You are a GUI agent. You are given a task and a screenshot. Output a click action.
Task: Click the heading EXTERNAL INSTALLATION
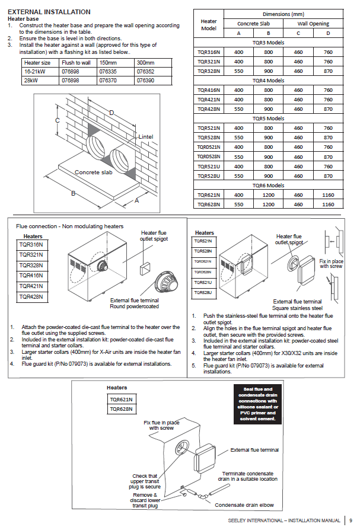(x=49, y=12)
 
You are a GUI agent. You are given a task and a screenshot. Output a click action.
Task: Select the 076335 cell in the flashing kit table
(x=107, y=71)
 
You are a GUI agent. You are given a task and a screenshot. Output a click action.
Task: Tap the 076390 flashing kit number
(x=145, y=79)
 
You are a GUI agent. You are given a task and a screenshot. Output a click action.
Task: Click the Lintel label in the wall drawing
(x=146, y=137)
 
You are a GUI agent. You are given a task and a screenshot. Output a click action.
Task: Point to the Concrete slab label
(x=93, y=172)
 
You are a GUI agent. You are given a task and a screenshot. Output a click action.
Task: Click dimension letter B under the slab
(x=74, y=193)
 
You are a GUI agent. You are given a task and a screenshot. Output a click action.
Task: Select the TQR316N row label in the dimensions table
(x=208, y=52)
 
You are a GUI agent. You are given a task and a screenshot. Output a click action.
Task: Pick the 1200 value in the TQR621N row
(x=269, y=195)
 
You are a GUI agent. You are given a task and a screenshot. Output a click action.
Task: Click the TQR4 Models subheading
(x=269, y=80)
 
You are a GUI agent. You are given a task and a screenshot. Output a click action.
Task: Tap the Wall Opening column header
(x=313, y=24)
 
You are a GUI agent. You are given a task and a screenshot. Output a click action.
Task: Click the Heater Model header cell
(x=209, y=25)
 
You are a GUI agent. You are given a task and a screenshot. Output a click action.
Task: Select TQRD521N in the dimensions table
(x=208, y=147)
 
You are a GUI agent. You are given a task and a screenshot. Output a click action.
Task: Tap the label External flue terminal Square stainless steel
(x=297, y=305)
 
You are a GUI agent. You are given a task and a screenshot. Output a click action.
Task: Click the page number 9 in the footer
(x=351, y=520)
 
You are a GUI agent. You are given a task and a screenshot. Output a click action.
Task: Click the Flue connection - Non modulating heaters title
(x=70, y=226)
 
